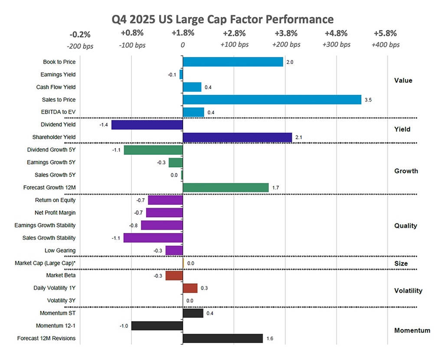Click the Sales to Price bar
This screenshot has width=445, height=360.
pos(272,100)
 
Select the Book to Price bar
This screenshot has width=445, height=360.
pos(233,62)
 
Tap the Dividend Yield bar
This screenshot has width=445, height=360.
pos(147,125)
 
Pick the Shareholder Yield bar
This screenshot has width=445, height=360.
pos(237,137)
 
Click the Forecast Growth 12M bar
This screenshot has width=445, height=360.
pos(226,188)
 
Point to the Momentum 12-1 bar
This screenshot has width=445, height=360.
pos(157,326)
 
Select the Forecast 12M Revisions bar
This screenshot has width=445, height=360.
pos(222,338)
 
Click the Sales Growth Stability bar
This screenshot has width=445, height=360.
pos(153,238)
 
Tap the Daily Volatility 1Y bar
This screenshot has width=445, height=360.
pos(190,288)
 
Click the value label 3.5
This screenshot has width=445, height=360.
pos(368,100)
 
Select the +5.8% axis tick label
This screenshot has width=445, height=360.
pos(386,33)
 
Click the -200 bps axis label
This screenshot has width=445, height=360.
pos(80,45)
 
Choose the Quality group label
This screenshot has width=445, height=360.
pos(406,226)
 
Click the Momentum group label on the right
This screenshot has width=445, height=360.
pos(412,331)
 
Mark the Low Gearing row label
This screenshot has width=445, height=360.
pos(60,250)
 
